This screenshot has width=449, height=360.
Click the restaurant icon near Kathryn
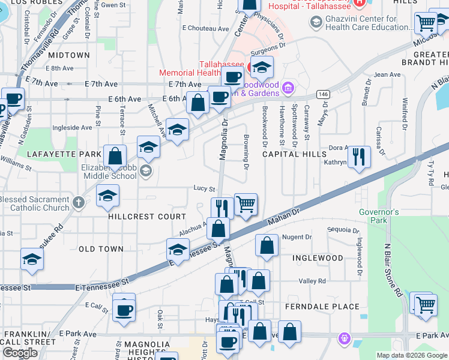pos(359,157)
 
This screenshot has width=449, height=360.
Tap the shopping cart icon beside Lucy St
pos(246,205)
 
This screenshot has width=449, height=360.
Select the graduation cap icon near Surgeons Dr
pos(261,69)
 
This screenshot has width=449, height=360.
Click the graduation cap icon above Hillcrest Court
pos(107,196)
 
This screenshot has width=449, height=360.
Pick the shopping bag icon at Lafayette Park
pos(115,157)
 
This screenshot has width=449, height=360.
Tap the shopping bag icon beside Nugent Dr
pos(267,245)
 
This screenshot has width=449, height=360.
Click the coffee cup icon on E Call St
pos(124,310)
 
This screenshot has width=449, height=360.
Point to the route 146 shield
pos(323,94)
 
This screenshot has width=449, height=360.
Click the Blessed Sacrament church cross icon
pos(78,202)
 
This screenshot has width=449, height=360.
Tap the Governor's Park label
pos(379,216)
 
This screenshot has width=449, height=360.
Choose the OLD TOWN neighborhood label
pos(101,248)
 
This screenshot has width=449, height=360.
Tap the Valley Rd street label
pos(312,281)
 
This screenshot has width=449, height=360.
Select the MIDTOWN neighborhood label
pos(68,55)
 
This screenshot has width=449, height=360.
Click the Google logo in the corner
pos(20,353)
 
